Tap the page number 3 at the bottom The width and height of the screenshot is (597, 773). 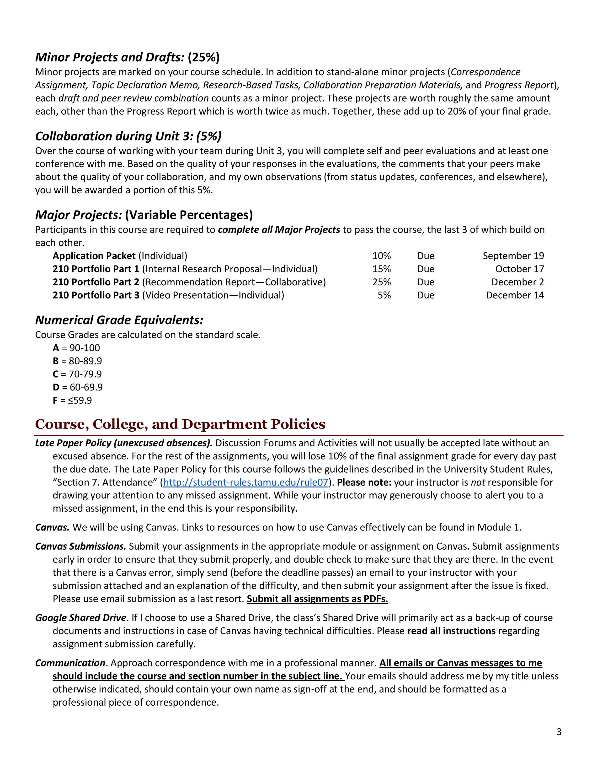coord(559,732)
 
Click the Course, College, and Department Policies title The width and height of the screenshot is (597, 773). coord(180,424)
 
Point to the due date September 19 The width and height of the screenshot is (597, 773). coord(513,256)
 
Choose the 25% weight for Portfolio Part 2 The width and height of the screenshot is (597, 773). coord(381,282)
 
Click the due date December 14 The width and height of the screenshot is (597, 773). coord(515,295)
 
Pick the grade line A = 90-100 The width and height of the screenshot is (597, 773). coord(76,348)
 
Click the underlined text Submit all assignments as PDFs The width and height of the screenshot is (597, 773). coord(317,599)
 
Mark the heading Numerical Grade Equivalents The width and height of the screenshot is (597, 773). coord(119,320)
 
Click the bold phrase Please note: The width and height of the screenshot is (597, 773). coord(364,482)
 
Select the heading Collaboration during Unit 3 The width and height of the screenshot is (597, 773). coord(128,136)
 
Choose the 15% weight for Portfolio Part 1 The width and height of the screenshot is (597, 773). coord(381,269)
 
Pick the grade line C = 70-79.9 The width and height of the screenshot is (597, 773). coord(77,374)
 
